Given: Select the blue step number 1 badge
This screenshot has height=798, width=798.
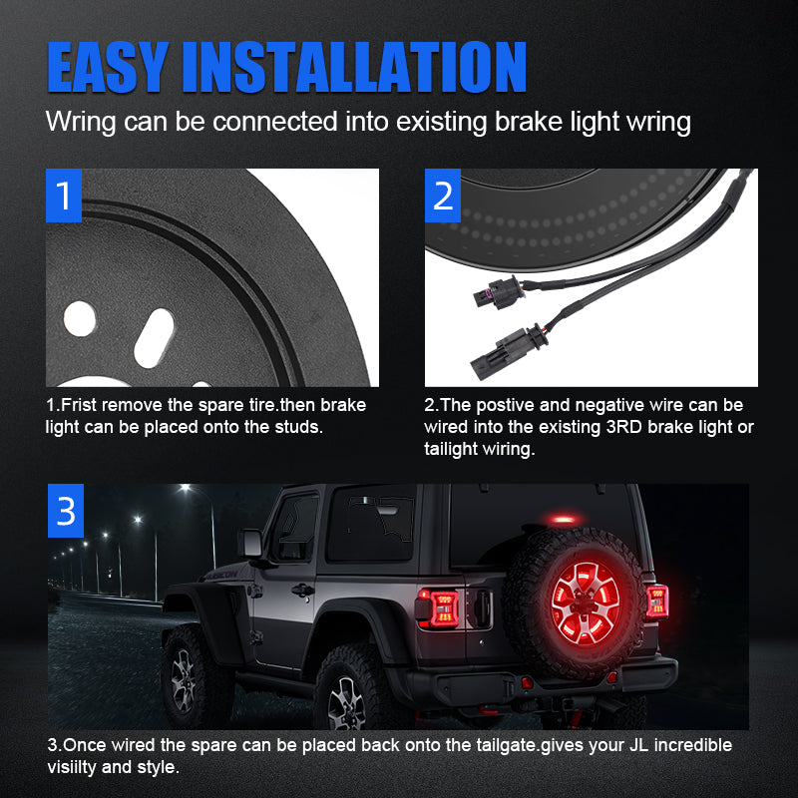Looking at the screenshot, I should coord(65,196).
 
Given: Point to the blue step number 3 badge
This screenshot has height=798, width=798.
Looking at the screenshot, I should coord(65,510).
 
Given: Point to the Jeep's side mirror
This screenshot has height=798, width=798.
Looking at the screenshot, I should coord(249,544).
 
